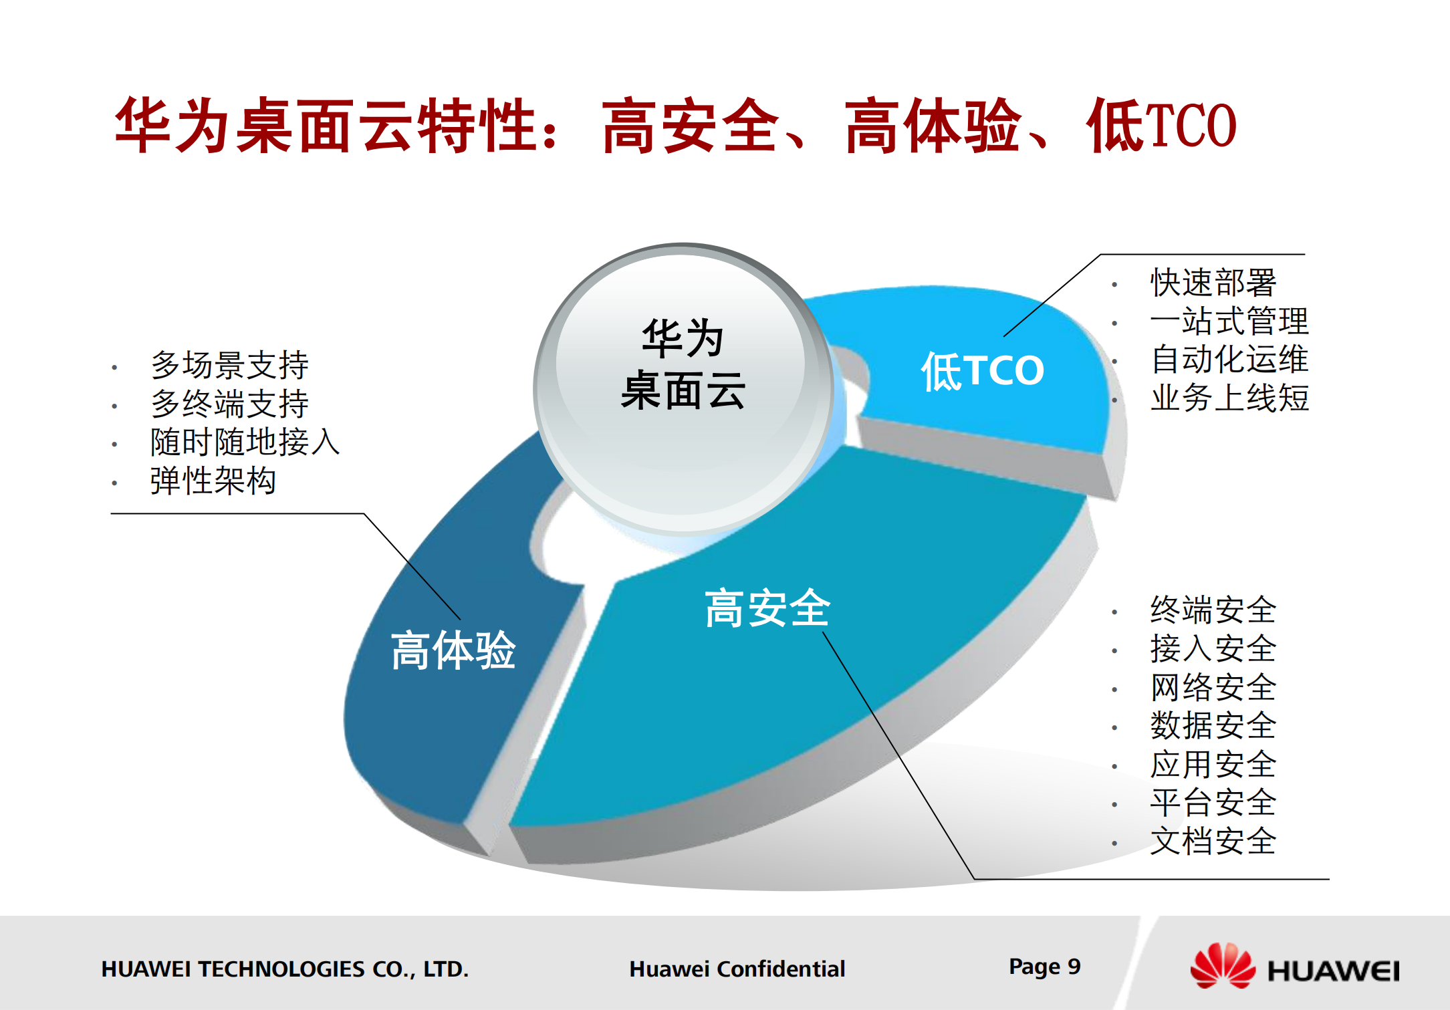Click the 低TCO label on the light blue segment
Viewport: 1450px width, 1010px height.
pos(982,370)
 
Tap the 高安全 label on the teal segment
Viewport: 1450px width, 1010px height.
pos(767,608)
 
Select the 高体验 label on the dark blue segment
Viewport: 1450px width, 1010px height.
pos(453,650)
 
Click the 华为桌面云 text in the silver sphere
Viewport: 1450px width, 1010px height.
pos(683,364)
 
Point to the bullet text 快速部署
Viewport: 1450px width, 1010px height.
pos(1213,283)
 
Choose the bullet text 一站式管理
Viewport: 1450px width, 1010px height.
pos(1229,321)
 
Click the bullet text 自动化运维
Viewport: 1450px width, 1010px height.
pos(1229,360)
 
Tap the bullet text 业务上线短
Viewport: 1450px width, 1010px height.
pos(1229,398)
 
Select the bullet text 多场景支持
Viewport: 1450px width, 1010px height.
pos(229,365)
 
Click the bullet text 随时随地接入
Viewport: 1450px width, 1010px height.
pos(245,442)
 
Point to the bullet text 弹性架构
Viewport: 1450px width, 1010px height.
pos(213,481)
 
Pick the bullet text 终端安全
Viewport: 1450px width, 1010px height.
pos(1213,610)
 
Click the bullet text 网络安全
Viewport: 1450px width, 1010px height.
pos(1213,687)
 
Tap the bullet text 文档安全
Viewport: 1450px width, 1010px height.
pos(1213,841)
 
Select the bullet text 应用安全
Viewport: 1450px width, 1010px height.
pos(1213,764)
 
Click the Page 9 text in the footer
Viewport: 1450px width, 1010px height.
pos(1044,967)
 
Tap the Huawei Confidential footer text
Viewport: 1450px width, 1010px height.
pos(737,969)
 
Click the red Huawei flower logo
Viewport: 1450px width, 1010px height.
pos(1222,966)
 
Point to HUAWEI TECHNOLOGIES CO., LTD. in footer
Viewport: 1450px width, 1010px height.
pos(285,969)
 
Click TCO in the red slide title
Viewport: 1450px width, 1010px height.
pos(1191,126)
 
